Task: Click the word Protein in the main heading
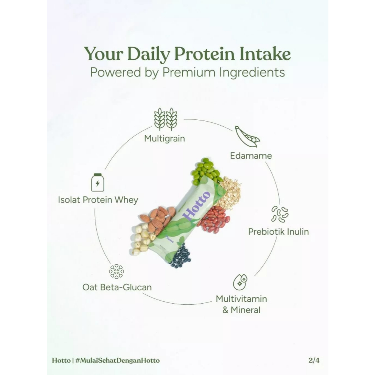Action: coord(205,54)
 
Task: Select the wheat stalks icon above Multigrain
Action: coord(165,119)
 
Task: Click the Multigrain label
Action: coord(164,138)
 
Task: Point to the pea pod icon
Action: coord(247,137)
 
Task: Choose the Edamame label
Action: coord(251,156)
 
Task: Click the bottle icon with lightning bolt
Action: coord(97,182)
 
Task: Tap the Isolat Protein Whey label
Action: coord(98,200)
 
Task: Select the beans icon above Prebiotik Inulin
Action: coord(279,214)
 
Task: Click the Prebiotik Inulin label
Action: coord(278,231)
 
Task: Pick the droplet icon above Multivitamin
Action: coord(240,282)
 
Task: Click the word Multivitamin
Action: coord(241,299)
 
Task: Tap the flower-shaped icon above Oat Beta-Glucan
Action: coord(116,271)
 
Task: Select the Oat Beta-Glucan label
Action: coord(117,287)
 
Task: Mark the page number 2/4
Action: coord(314,360)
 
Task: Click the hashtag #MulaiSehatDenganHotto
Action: coord(117,360)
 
